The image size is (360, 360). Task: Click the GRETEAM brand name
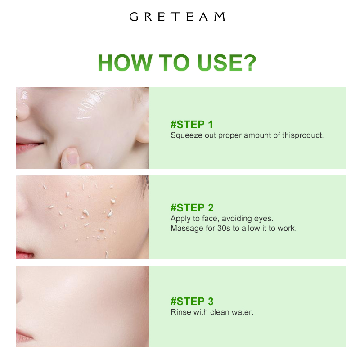point(177,17)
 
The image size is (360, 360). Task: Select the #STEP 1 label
point(192,124)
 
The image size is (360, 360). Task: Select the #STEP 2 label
point(192,207)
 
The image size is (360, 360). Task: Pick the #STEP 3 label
point(192,301)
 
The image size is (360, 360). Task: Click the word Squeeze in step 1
point(185,135)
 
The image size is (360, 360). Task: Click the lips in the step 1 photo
point(28,147)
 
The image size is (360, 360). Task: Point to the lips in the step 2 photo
point(24,254)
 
